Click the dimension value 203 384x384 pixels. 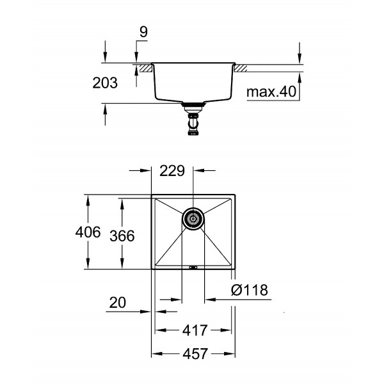[105, 83]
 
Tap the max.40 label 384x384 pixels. [272, 92]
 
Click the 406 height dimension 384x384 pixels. [88, 232]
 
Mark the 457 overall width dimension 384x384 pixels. [194, 353]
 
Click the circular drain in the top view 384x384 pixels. [193, 218]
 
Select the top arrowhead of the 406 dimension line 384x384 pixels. [88, 196]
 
